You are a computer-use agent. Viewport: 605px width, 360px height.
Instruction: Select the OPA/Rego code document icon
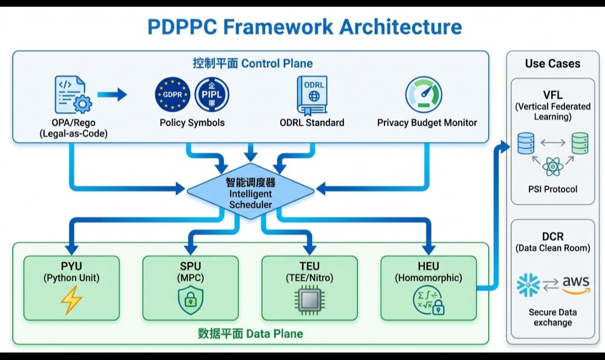(72, 94)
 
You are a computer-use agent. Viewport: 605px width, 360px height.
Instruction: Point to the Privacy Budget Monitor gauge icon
(424, 95)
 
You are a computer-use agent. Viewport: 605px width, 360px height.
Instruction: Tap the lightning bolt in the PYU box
(71, 301)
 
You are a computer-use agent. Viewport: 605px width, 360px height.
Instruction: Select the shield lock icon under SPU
(190, 301)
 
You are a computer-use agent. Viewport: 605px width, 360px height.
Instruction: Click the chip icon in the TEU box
(309, 302)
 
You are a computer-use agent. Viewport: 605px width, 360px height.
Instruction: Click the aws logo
(576, 285)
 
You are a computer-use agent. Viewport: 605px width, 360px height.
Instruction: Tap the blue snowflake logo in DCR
(528, 285)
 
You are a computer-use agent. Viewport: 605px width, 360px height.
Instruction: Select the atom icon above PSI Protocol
(553, 167)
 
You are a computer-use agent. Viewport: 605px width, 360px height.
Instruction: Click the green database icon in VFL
(580, 143)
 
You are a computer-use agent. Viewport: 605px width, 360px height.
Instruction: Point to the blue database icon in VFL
(526, 143)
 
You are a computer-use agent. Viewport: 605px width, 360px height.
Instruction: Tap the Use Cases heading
(552, 64)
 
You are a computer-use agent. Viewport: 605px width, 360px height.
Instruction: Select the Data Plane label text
(250, 333)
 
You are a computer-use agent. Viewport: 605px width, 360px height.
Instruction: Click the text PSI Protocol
(553, 189)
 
